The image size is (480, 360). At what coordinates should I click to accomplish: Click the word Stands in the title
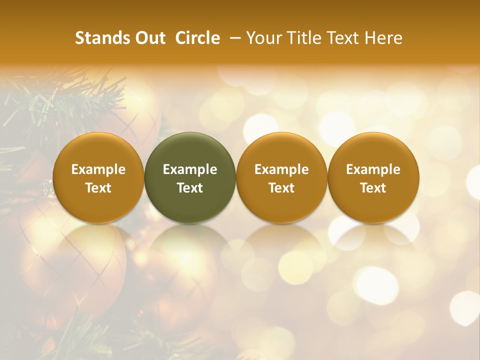[x=101, y=38]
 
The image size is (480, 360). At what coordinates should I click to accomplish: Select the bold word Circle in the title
[x=197, y=38]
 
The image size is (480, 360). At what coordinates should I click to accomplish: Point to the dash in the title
[x=233, y=38]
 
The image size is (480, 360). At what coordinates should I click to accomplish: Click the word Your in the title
[x=263, y=38]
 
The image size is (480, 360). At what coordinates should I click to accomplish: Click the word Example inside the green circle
[x=190, y=169]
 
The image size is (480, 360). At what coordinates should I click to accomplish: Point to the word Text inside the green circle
[x=190, y=188]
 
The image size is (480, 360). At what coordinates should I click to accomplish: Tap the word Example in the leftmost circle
[x=98, y=169]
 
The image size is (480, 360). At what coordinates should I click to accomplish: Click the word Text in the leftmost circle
[x=98, y=188]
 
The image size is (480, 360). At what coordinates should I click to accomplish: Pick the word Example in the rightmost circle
[x=373, y=169]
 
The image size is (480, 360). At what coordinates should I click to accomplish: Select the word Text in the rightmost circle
[x=373, y=188]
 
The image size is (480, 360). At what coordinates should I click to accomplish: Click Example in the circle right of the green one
[x=281, y=169]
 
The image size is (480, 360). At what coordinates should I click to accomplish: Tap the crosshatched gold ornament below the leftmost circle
[x=75, y=265]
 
